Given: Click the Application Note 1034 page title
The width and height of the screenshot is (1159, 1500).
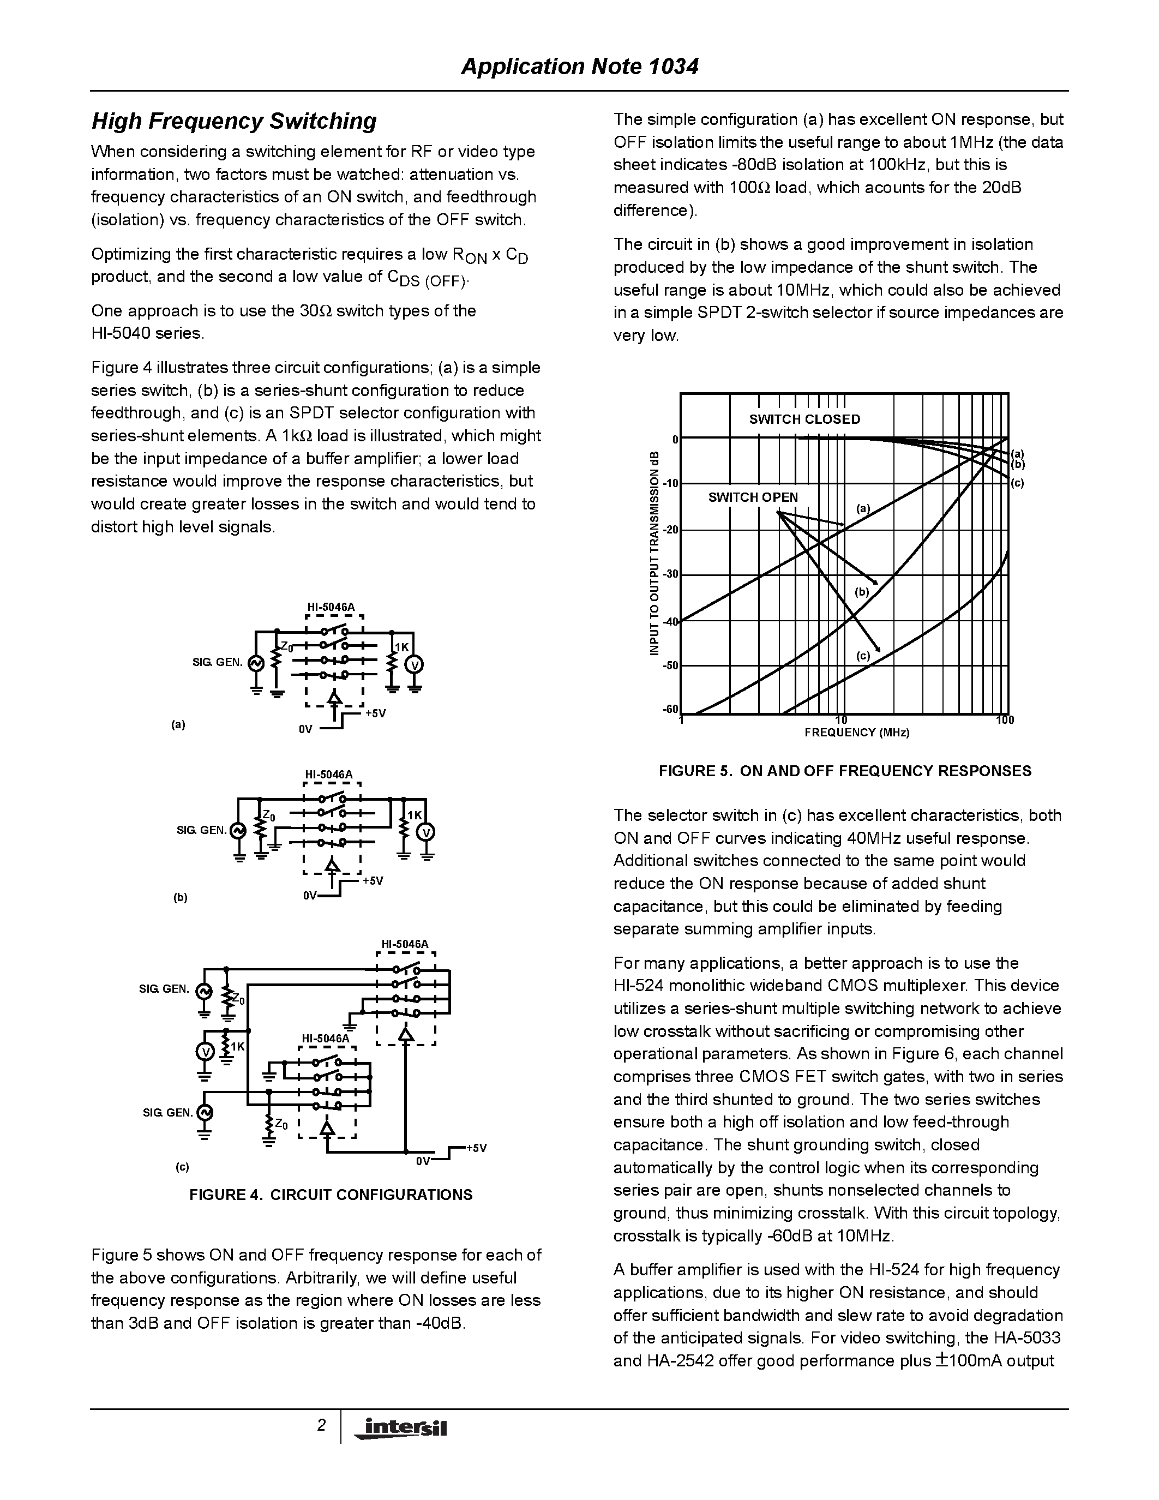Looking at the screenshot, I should tap(579, 67).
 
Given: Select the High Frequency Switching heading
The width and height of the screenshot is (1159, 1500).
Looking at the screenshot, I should tap(234, 122).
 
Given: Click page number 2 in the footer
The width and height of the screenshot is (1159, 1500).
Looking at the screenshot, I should tap(321, 1426).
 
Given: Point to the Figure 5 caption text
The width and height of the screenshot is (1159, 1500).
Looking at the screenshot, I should tap(844, 771).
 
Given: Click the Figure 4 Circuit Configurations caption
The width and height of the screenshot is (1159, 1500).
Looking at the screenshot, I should tap(331, 1195).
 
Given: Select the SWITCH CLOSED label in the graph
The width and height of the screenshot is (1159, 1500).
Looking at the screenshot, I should tap(804, 419).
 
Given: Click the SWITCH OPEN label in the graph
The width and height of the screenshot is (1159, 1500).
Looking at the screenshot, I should tap(753, 497).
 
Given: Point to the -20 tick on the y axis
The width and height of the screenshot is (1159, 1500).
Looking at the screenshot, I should tap(671, 530).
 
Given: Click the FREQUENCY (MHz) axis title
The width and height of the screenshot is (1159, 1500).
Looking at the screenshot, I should tap(857, 733).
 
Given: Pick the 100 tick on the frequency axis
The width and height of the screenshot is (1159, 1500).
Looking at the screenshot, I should tap(1005, 721).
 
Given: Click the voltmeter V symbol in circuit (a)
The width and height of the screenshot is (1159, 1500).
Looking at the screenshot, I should tap(415, 665).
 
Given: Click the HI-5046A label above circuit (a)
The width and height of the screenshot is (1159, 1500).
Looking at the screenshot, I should tap(331, 607).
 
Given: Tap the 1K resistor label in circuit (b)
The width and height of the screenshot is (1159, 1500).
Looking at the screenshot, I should tap(415, 815).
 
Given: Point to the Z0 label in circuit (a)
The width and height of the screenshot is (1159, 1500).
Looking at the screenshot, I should tap(287, 647).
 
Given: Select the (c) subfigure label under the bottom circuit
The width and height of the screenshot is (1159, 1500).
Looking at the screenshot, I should tap(182, 1167).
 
